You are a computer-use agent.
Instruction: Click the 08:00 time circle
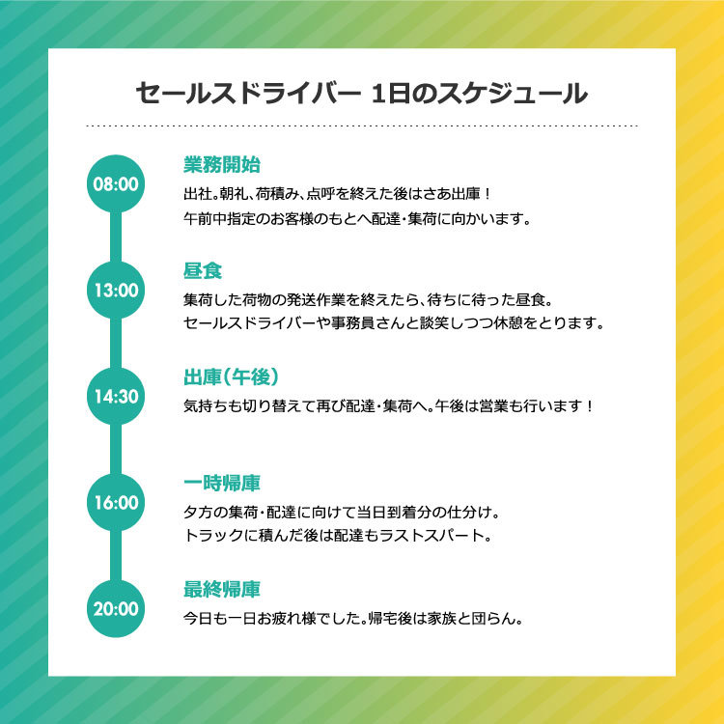(x=116, y=183)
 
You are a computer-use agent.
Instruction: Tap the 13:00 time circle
(x=116, y=290)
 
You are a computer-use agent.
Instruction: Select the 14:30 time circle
(x=116, y=396)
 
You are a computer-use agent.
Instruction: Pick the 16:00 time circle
(x=116, y=502)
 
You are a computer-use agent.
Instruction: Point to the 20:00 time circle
(x=116, y=608)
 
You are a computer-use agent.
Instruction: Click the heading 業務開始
(x=222, y=165)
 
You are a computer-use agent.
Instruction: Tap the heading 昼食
(x=203, y=271)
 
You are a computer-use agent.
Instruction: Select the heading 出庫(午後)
(x=232, y=377)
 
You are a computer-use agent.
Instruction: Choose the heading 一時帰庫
(x=222, y=484)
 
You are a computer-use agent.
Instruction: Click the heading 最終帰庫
(x=222, y=590)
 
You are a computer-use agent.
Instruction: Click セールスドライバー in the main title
(x=248, y=94)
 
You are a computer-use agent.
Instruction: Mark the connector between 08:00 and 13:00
(x=116, y=237)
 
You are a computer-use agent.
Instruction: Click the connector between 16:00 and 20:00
(x=116, y=555)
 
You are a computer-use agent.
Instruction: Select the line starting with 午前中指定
(x=357, y=218)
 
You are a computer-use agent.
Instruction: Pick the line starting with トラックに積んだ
(x=337, y=536)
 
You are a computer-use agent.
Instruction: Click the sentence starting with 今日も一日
(x=352, y=618)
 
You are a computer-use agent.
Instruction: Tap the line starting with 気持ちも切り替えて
(x=388, y=406)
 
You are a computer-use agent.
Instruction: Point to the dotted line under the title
(x=362, y=125)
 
